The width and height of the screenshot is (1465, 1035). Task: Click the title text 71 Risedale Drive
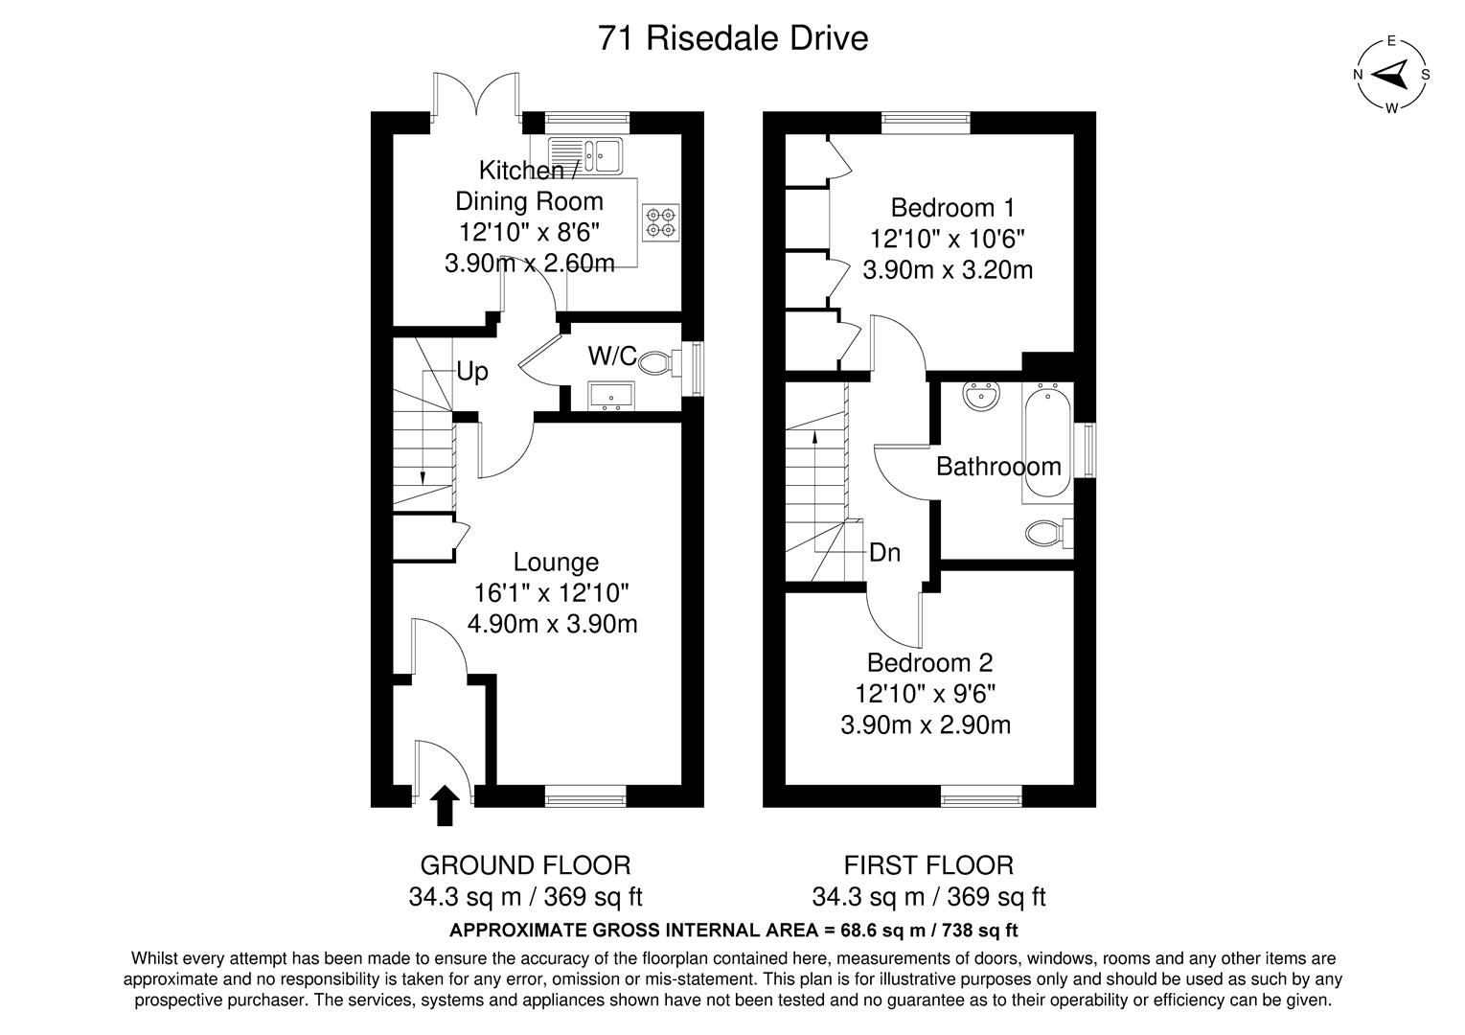click(x=732, y=38)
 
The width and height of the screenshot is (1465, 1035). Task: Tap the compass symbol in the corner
click(x=1392, y=75)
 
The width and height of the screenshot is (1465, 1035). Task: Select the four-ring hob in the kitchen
click(x=660, y=223)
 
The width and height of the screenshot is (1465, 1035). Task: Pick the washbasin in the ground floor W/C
click(x=609, y=395)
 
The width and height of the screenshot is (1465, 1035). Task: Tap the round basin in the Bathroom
click(x=982, y=396)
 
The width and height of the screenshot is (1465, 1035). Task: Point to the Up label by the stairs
click(x=472, y=372)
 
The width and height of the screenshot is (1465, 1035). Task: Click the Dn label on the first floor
click(x=884, y=553)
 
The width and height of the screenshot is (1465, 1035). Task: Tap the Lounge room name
click(x=556, y=563)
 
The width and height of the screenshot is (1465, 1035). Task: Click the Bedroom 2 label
click(x=929, y=662)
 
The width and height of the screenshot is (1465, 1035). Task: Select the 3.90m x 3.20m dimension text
click(x=947, y=270)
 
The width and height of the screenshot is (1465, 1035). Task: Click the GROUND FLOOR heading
click(x=525, y=865)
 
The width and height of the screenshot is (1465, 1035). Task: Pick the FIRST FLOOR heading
click(x=927, y=865)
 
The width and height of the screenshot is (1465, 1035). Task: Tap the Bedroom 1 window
click(x=926, y=122)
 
